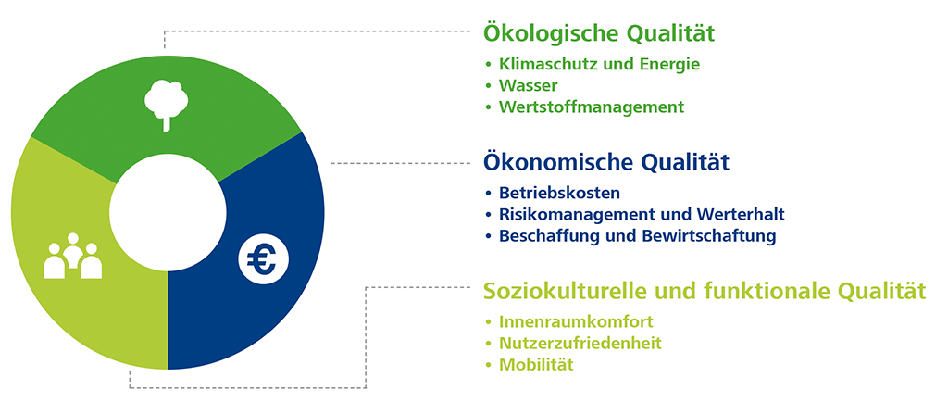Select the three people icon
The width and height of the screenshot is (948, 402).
pyautogui.click(x=73, y=256)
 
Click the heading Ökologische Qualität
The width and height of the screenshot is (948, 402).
pyautogui.click(x=599, y=34)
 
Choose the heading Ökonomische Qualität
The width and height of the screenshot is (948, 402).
pyautogui.click(x=605, y=163)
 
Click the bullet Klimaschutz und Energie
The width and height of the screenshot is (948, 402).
pyautogui.click(x=599, y=65)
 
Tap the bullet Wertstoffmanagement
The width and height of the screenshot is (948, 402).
pyautogui.click(x=592, y=107)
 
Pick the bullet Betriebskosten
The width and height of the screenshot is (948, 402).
pyautogui.click(x=560, y=194)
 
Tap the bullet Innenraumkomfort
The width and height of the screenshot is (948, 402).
pyautogui.click(x=576, y=321)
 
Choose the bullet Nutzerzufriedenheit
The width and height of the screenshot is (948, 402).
pyautogui.click(x=580, y=344)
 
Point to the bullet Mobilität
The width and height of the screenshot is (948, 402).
pyautogui.click(x=536, y=365)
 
